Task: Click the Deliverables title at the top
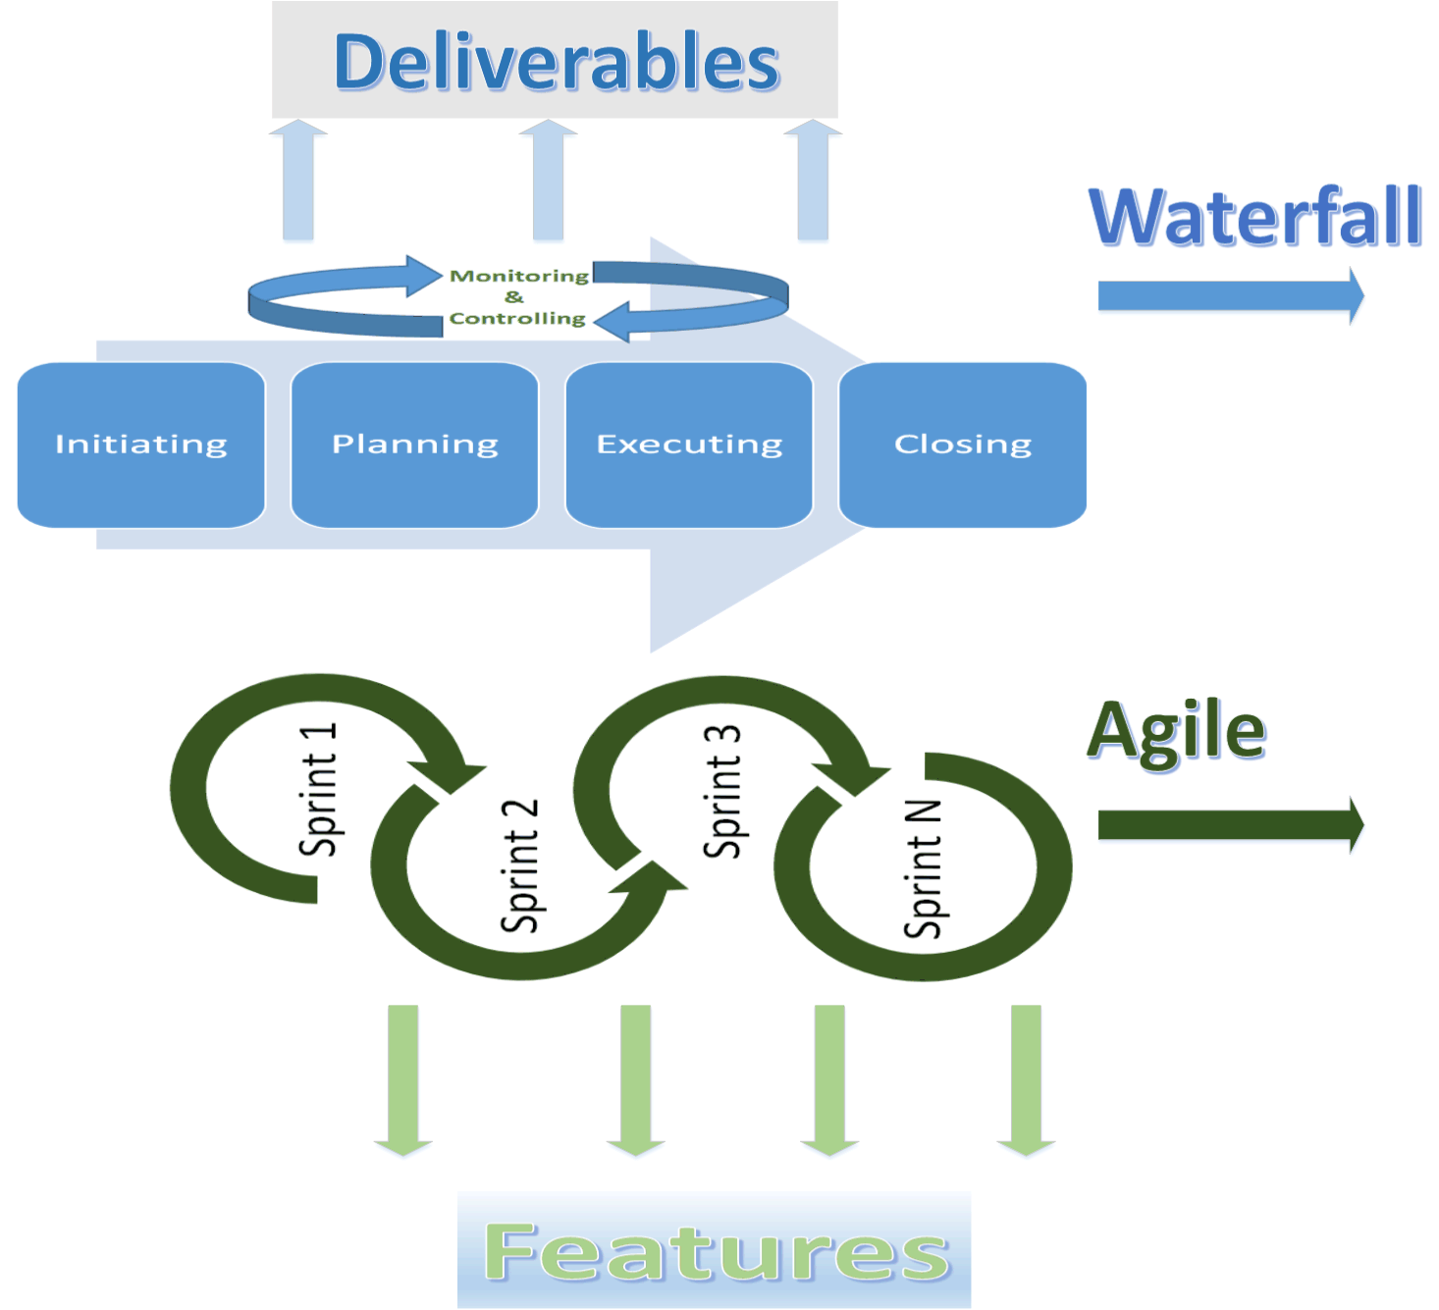coord(556,61)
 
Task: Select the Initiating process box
coord(141,445)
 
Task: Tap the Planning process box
coord(414,445)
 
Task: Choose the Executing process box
coord(689,445)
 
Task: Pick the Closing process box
coord(962,445)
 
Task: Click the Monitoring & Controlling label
coord(517,297)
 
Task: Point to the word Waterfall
coord(1255,217)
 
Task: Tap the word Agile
coord(1176,730)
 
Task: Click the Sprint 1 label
coord(318,790)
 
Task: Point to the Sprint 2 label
coord(519,865)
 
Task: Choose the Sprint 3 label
coord(722,792)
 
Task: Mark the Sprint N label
coord(923,868)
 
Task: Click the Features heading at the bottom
coord(715,1251)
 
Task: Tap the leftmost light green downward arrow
coord(403,1079)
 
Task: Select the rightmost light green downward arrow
coord(1026,1079)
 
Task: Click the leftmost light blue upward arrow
coord(298,182)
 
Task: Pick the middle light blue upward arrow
coord(548,182)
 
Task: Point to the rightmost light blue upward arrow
coord(813,182)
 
